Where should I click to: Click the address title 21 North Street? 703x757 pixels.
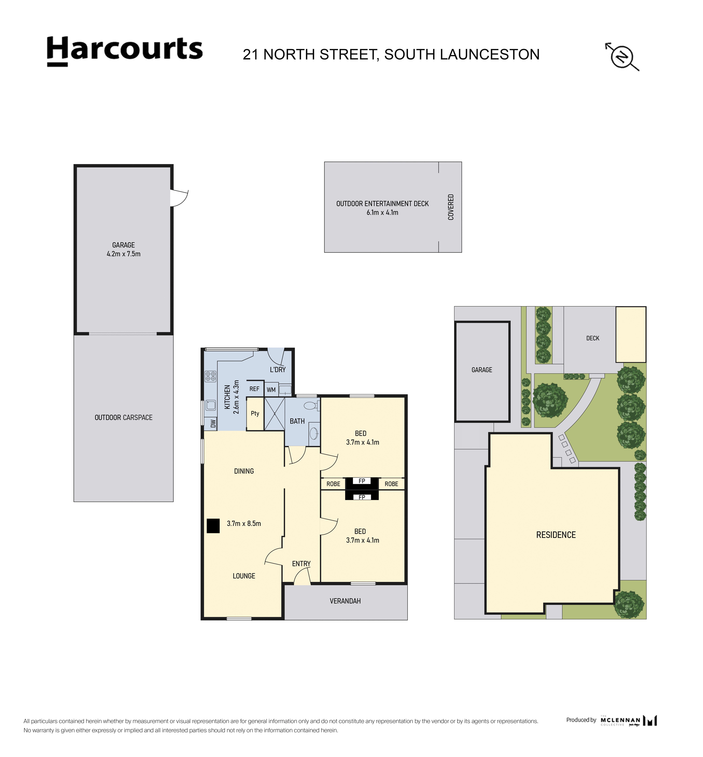391,54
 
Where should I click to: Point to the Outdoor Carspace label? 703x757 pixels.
124,418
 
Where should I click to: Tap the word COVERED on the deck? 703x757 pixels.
451,207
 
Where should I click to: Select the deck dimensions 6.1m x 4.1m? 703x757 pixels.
382,213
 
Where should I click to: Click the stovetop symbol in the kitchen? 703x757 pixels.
210,376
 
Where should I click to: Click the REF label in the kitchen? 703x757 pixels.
255,389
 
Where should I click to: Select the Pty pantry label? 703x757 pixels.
255,413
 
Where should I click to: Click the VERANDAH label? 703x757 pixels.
345,601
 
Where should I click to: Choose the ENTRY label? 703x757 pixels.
301,564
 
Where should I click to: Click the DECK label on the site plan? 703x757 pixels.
593,338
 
